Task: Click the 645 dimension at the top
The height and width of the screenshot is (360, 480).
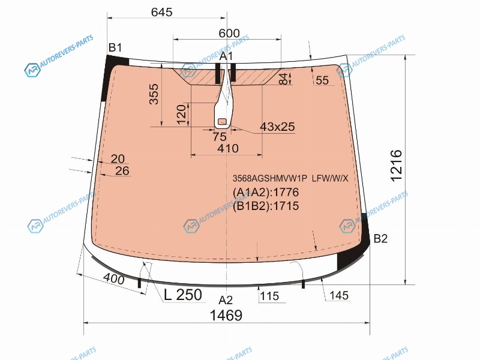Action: click(161, 12)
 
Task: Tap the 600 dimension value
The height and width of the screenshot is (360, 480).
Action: click(229, 33)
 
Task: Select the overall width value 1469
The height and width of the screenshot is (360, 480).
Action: click(226, 315)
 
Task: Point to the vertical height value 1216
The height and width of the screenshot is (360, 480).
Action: click(396, 166)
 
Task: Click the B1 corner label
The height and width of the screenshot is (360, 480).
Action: click(115, 47)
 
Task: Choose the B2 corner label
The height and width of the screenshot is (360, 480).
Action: click(380, 238)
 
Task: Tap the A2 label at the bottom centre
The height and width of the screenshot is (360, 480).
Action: click(226, 301)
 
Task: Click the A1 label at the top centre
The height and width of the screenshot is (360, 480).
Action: click(226, 56)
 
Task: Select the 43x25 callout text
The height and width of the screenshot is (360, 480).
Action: click(277, 127)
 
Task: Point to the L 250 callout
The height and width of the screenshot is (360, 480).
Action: click(183, 295)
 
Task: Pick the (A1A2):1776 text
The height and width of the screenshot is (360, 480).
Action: click(266, 192)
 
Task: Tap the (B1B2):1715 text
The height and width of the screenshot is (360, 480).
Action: click(266, 206)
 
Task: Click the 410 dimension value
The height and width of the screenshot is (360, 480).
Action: click(228, 148)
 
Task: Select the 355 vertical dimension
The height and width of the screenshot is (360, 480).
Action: click(154, 94)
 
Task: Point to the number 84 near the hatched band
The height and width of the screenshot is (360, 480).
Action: click(284, 79)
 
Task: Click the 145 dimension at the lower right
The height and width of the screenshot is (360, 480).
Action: click(339, 295)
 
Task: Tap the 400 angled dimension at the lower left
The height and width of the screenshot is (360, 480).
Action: click(113, 278)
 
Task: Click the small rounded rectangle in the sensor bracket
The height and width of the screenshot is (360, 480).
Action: click(222, 122)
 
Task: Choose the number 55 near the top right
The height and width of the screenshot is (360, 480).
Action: click(322, 80)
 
